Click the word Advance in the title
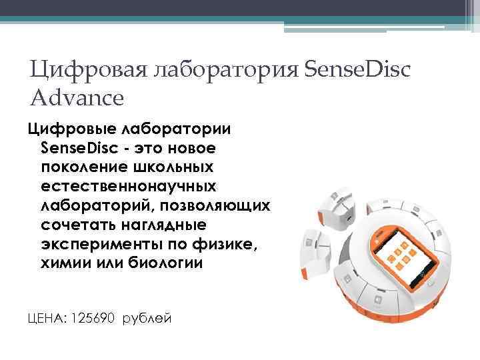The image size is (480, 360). [77, 98]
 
